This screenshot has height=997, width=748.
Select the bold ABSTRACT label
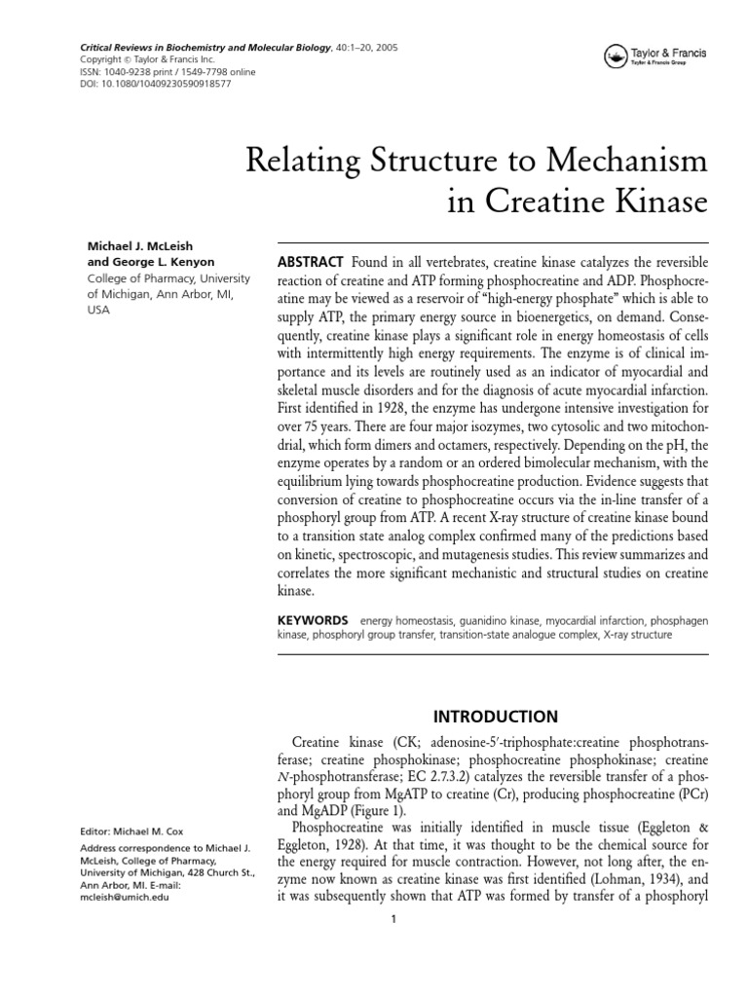tap(311, 263)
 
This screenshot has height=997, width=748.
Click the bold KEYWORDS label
tap(313, 619)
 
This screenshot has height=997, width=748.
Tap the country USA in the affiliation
tap(99, 311)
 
